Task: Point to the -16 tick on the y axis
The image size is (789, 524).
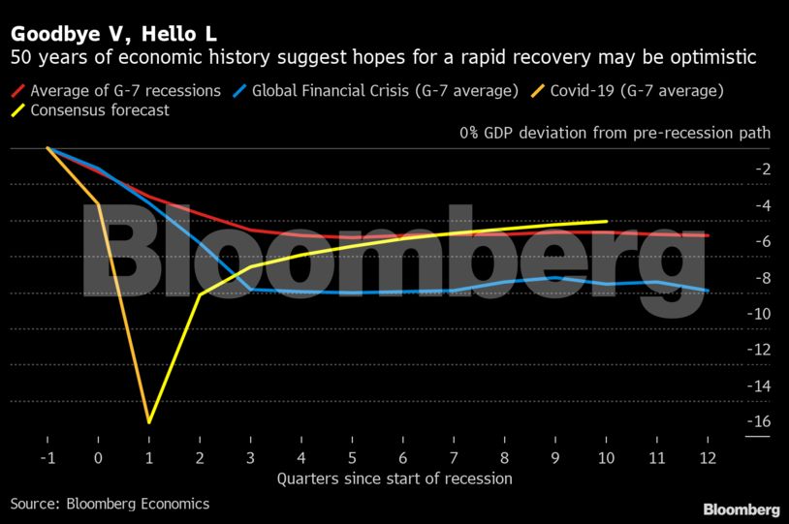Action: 758,421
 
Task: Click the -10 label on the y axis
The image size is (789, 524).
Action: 758,313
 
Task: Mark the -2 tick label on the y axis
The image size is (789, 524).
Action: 762,169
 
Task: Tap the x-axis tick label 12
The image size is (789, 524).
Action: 709,455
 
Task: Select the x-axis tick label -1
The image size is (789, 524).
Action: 47,455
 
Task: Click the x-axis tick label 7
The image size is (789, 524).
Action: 454,455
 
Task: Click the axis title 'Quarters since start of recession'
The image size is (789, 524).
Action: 394,478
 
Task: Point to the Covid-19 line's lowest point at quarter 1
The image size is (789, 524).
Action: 149,421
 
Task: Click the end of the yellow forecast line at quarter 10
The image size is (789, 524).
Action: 607,221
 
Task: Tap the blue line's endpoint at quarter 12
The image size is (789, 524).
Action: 709,291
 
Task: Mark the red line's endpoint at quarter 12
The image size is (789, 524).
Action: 709,235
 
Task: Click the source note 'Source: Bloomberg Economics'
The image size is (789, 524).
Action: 110,504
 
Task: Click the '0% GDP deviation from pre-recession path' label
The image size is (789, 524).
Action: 615,133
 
